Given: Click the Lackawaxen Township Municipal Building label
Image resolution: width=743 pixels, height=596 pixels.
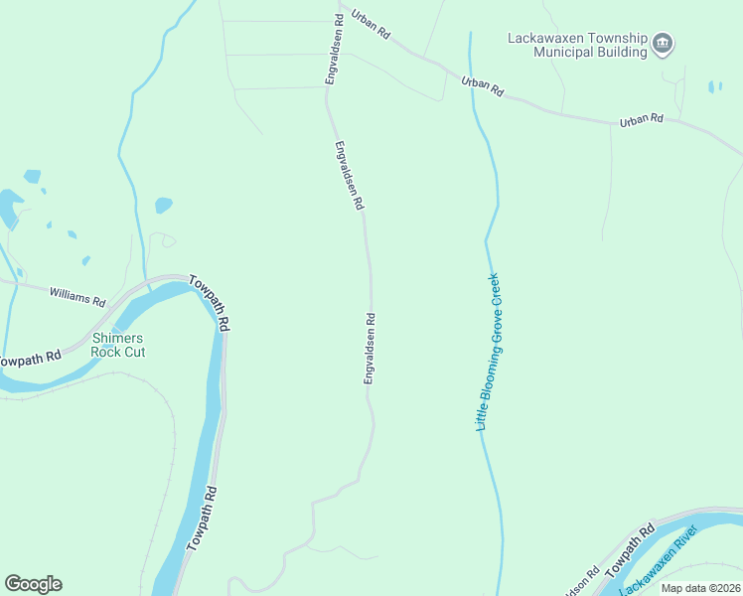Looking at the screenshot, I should point(577,45).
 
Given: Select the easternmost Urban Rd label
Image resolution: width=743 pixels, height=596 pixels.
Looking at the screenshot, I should point(641,119).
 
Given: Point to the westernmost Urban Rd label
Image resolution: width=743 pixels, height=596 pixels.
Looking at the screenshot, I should point(371,26).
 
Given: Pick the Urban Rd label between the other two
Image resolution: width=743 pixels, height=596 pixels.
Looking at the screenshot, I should point(482,86).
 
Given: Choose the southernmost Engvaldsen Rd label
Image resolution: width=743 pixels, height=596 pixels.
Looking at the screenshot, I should point(370,349).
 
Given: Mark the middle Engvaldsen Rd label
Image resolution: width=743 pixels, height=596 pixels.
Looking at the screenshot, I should point(349,175).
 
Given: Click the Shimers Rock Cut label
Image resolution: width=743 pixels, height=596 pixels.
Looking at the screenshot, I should point(117,344).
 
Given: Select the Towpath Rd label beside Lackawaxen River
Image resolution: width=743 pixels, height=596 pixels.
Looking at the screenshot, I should point(632,548).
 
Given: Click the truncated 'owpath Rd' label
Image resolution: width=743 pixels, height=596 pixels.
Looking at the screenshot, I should point(30,358).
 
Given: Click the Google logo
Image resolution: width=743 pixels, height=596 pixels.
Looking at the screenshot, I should point(33,584).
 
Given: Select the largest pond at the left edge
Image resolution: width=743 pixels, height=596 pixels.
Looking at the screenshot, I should point(10,206).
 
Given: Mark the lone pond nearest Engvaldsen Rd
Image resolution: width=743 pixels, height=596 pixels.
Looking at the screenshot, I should point(164,205).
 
